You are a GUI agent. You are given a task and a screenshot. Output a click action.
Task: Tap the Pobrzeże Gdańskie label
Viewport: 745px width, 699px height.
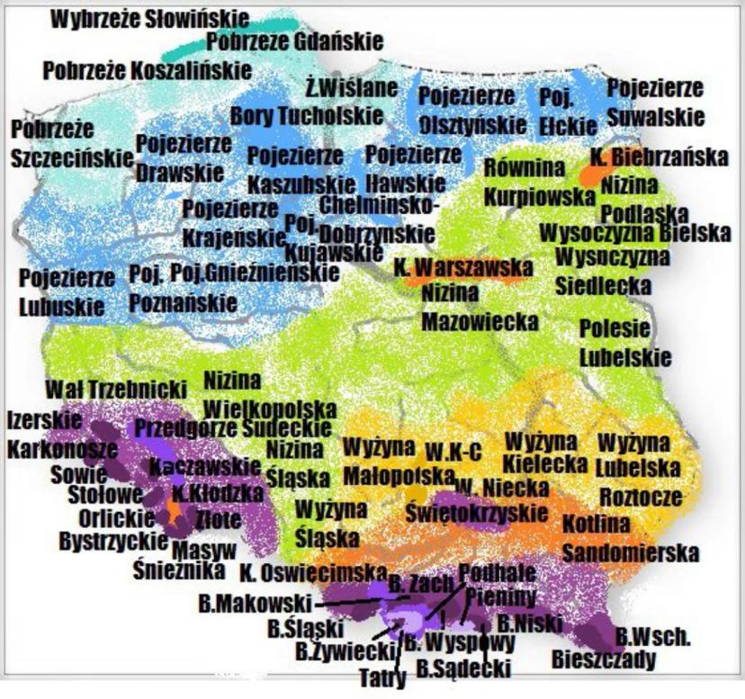tap(294, 40)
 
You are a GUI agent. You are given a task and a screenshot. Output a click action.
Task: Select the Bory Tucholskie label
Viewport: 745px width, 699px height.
tap(307, 115)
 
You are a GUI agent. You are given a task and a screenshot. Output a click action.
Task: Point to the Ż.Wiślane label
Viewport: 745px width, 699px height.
tap(350, 87)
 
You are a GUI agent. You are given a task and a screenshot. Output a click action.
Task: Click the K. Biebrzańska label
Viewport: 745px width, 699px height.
tap(659, 157)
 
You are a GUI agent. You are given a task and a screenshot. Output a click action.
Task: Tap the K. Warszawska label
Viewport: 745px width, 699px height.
tap(462, 267)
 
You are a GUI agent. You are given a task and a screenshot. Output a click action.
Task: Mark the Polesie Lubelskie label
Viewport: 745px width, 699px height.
tap(624, 342)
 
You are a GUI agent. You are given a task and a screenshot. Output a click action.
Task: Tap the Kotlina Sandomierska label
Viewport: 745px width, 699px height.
tap(630, 537)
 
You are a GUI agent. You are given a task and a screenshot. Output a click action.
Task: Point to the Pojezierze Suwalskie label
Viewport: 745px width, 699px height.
tap(654, 103)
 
